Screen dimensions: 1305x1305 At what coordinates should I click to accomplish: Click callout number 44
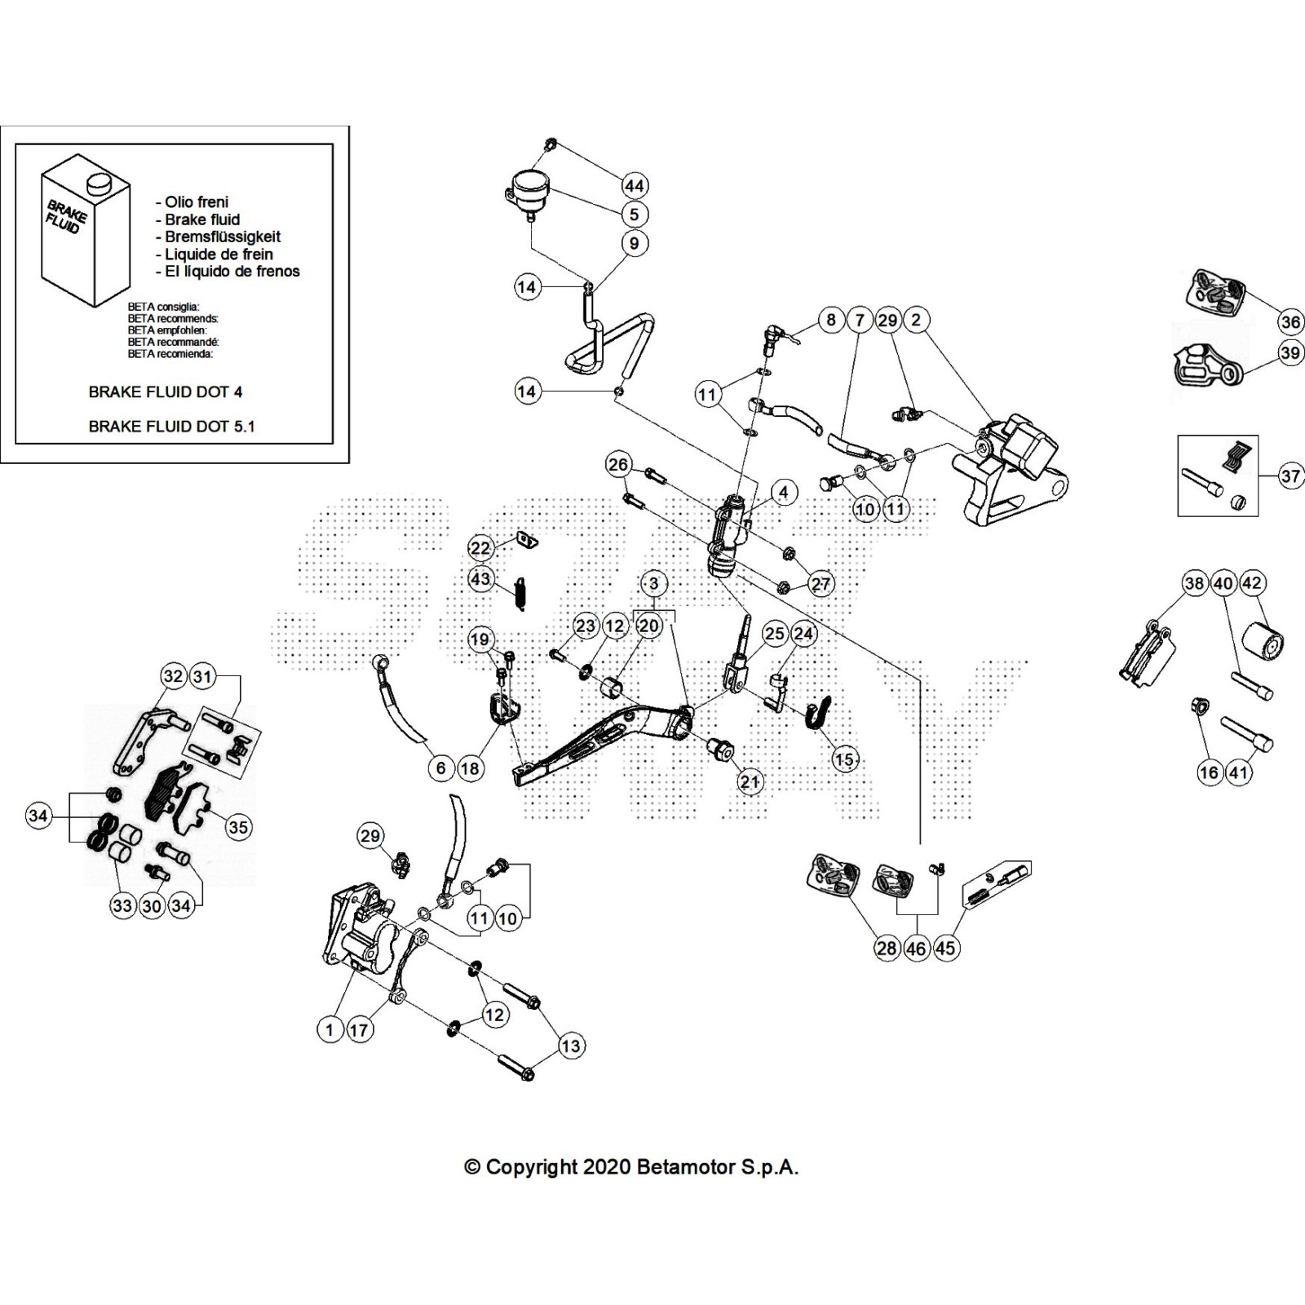click(634, 185)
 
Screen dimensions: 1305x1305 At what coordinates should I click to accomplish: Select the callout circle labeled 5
click(634, 215)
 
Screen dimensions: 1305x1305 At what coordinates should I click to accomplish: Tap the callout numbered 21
click(749, 782)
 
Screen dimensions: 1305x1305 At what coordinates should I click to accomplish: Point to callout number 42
click(1251, 583)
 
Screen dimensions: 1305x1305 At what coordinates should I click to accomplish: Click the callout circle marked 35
click(237, 827)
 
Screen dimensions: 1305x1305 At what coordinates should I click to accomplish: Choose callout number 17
click(359, 1029)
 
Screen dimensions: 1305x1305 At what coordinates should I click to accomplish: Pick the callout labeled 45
click(945, 948)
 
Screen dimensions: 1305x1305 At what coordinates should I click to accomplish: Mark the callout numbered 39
click(1290, 352)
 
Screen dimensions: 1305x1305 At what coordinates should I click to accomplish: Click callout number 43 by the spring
click(480, 578)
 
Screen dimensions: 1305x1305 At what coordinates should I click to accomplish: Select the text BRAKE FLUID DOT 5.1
click(171, 426)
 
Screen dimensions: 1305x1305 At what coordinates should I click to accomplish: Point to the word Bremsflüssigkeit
click(222, 237)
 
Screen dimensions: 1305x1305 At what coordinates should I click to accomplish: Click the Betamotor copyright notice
click(631, 1167)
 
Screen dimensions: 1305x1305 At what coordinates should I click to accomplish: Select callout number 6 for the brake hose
click(440, 768)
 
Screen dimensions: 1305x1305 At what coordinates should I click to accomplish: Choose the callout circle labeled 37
click(1290, 475)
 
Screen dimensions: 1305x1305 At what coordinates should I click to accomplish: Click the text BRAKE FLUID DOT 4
click(165, 391)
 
